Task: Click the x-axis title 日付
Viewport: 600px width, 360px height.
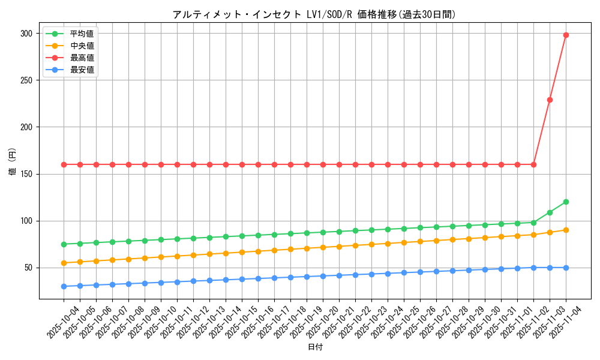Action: (x=314, y=347)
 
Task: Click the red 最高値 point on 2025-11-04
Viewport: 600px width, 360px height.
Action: (x=566, y=35)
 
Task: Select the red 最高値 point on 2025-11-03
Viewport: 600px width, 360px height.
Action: (x=550, y=100)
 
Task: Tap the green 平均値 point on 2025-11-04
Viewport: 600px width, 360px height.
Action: (x=566, y=202)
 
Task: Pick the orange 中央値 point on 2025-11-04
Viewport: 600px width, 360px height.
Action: (x=566, y=230)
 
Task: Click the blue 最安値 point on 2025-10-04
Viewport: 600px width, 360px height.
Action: (x=64, y=286)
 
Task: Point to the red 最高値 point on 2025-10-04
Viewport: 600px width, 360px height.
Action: (x=64, y=164)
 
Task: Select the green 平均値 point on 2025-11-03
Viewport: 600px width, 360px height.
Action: (x=550, y=212)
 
